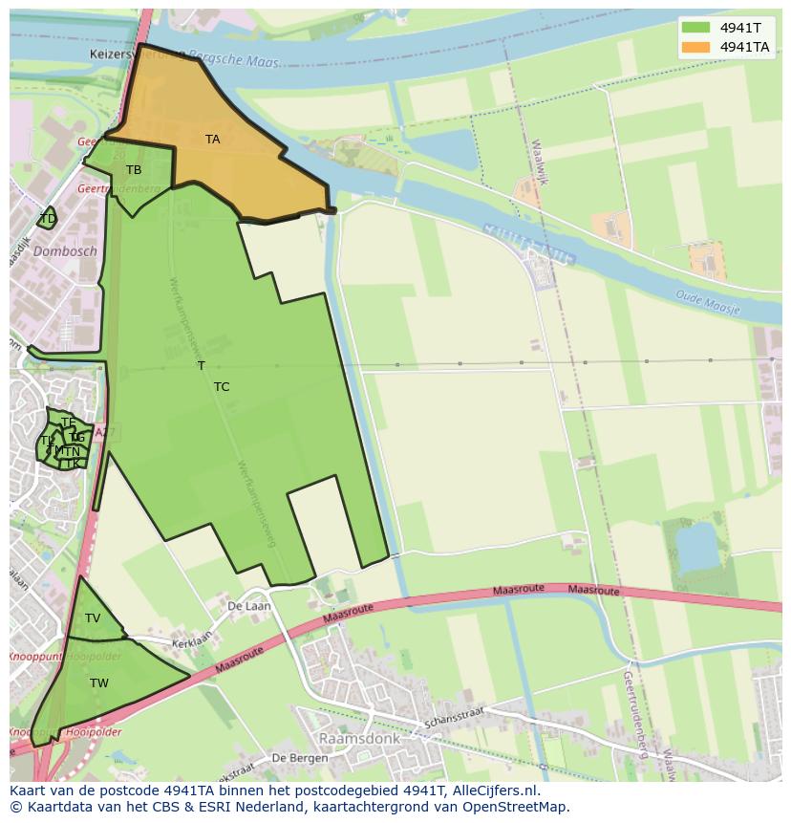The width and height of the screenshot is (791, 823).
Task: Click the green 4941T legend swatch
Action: point(695,28)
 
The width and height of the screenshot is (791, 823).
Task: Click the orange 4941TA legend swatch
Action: point(695,47)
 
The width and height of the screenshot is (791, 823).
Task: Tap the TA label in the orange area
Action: point(212,140)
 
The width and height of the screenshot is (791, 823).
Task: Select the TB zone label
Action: point(134,170)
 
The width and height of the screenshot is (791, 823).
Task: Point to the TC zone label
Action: point(222,387)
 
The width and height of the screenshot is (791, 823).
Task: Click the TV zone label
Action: point(93,618)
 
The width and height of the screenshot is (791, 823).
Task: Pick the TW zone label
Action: point(99,683)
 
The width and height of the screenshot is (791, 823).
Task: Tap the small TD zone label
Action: point(48,219)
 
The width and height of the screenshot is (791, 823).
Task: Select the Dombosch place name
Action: point(65,251)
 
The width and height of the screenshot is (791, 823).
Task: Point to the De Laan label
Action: point(248,606)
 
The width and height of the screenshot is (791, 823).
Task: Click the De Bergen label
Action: point(300,758)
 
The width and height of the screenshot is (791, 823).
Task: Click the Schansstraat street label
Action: point(456,717)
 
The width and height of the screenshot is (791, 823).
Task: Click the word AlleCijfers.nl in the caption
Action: point(496,791)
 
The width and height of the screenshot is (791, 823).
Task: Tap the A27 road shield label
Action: point(105,433)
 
